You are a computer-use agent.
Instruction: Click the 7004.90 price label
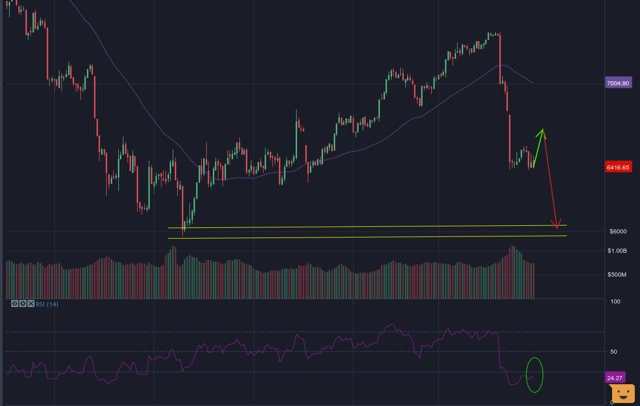tap(618, 83)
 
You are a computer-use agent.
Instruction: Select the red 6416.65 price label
tap(618, 167)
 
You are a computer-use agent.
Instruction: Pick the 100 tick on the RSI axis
tap(615, 301)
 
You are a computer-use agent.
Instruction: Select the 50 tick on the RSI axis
tap(614, 352)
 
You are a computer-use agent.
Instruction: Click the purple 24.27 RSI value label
tap(615, 378)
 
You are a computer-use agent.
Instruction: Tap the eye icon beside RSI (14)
tap(15, 304)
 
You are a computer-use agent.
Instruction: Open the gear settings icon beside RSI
tap(23, 304)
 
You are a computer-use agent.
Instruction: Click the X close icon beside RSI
tap(31, 304)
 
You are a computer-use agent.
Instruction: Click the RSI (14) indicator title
tap(47, 304)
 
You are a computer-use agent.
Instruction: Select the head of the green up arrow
tap(543, 130)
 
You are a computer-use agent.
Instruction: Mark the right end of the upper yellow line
tap(566, 225)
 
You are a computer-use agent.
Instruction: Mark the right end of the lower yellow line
tap(566, 235)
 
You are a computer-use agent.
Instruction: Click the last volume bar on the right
tap(534, 281)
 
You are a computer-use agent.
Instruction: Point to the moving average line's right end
tap(533, 83)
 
